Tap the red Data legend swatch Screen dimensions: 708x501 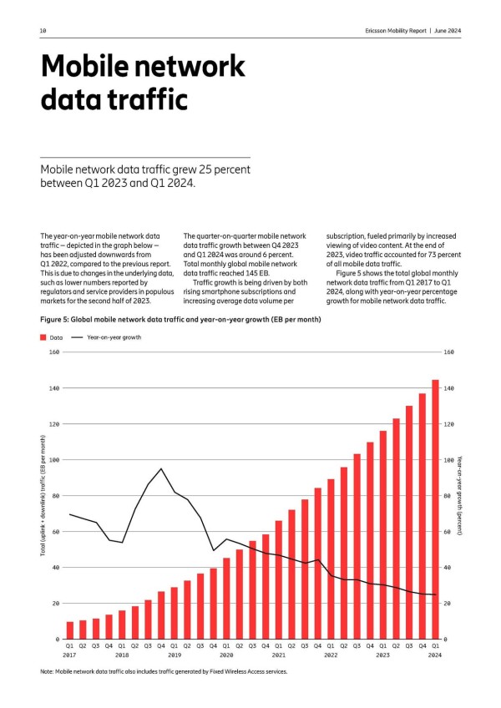click(43, 337)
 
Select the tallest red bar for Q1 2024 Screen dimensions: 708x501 click(435, 509)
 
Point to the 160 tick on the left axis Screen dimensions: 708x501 click(53, 352)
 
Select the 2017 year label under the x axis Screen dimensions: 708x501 click(70, 655)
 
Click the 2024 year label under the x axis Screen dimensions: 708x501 click(435, 655)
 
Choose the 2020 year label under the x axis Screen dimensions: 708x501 click(226, 655)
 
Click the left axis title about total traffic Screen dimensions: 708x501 click(43, 496)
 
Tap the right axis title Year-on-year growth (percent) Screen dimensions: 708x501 click(460, 496)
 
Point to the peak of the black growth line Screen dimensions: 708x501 click(161, 468)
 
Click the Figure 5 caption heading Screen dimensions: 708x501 click(180, 319)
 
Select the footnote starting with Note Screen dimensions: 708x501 click(163, 671)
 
